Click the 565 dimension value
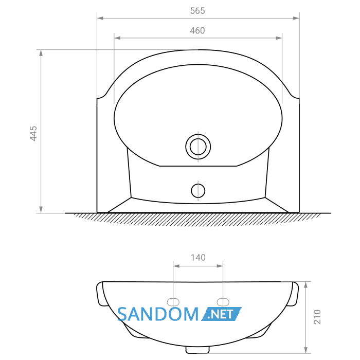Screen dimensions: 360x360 (197, 11)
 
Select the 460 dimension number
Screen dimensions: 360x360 (197, 30)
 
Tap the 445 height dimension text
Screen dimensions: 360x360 (33, 133)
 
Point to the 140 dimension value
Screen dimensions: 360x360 (198, 258)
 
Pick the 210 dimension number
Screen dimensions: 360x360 (317, 317)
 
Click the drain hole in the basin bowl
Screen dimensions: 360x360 (198, 147)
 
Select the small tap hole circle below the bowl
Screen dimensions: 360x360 (198, 191)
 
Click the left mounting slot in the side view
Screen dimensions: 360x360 (173, 302)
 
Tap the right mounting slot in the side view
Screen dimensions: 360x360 (223, 302)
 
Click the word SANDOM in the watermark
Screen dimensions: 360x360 (158, 314)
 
